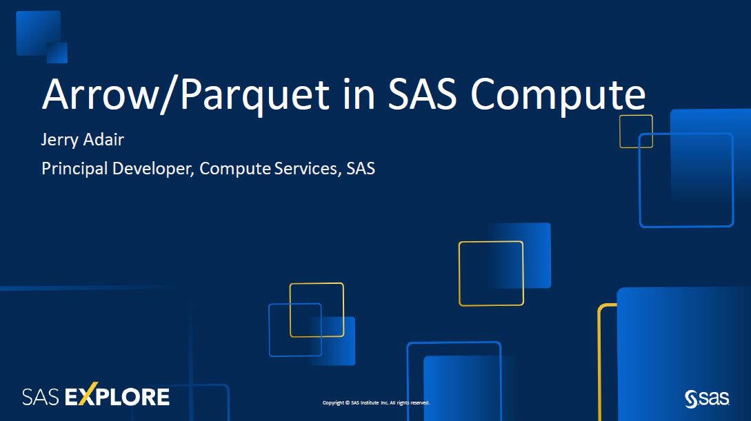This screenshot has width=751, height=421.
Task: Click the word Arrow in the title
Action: pyautogui.click(x=99, y=94)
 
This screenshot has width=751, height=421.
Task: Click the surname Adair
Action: pyautogui.click(x=104, y=139)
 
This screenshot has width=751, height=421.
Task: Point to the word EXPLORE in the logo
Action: pyautogui.click(x=117, y=397)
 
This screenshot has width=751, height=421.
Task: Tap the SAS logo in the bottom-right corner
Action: pyautogui.click(x=707, y=398)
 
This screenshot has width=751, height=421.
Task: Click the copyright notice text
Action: pyautogui.click(x=376, y=403)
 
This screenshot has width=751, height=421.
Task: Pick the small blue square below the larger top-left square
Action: pyautogui.click(x=57, y=52)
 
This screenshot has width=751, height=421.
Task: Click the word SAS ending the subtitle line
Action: pyautogui.click(x=361, y=168)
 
